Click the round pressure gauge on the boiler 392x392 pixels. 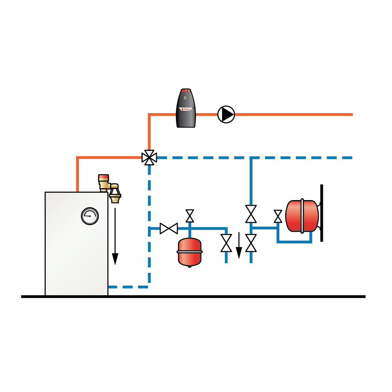(90, 216)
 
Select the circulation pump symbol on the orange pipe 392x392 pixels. (226, 114)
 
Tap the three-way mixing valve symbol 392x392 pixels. (149, 158)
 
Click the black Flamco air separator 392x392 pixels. (186, 109)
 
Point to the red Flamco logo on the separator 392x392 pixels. (186, 109)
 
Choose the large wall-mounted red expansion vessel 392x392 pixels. (302, 216)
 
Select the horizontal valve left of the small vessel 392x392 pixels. (169, 228)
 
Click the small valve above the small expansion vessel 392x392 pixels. (190, 215)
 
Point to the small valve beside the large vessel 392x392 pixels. (278, 216)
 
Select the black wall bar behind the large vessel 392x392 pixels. (321, 213)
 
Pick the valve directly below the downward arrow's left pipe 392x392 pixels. (226, 243)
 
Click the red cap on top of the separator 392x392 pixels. (186, 91)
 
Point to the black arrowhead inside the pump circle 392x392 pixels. (227, 114)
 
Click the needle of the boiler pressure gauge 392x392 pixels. (88, 215)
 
